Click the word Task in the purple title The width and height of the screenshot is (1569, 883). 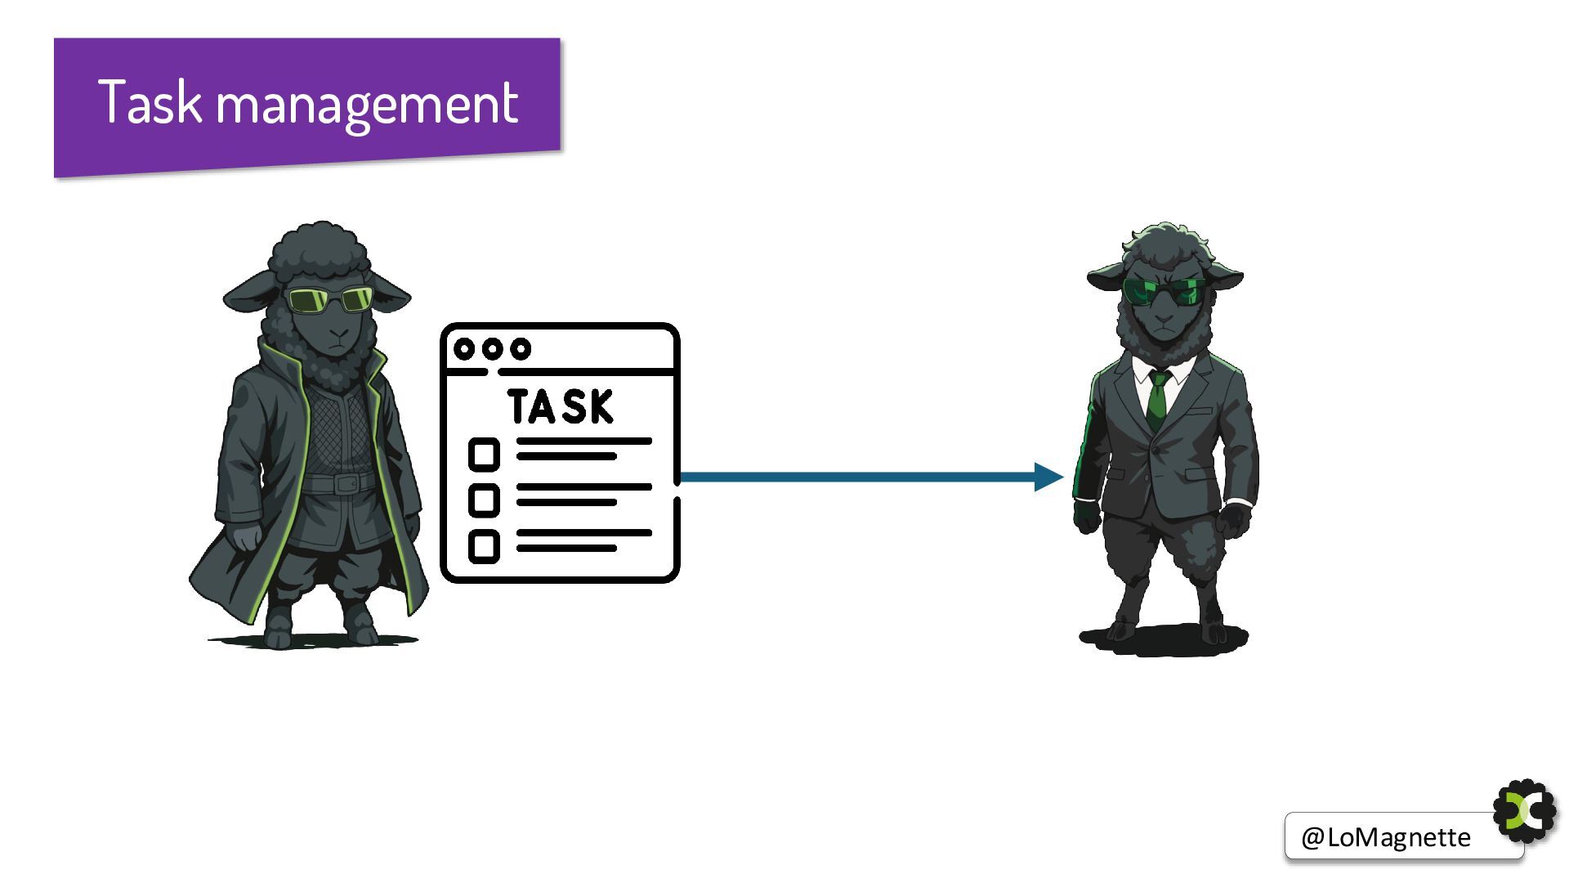[x=150, y=102]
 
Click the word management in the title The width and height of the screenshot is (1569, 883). [x=367, y=105]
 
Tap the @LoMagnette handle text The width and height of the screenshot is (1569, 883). [x=1385, y=837]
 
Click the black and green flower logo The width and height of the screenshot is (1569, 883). [x=1525, y=811]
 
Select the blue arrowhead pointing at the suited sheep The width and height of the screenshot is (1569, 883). [x=1048, y=477]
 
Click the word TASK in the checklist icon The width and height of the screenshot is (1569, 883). [x=561, y=406]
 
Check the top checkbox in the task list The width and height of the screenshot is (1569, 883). [x=484, y=454]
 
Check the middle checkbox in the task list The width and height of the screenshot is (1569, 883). [x=484, y=500]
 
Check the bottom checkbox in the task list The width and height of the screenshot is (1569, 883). [x=484, y=546]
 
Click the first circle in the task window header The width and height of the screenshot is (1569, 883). [x=464, y=349]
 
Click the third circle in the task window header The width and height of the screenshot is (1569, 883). [x=521, y=349]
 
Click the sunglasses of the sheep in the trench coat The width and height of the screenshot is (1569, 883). [x=330, y=300]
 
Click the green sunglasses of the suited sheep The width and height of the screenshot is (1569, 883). [x=1164, y=291]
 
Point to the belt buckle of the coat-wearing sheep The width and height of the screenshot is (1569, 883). [x=346, y=482]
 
